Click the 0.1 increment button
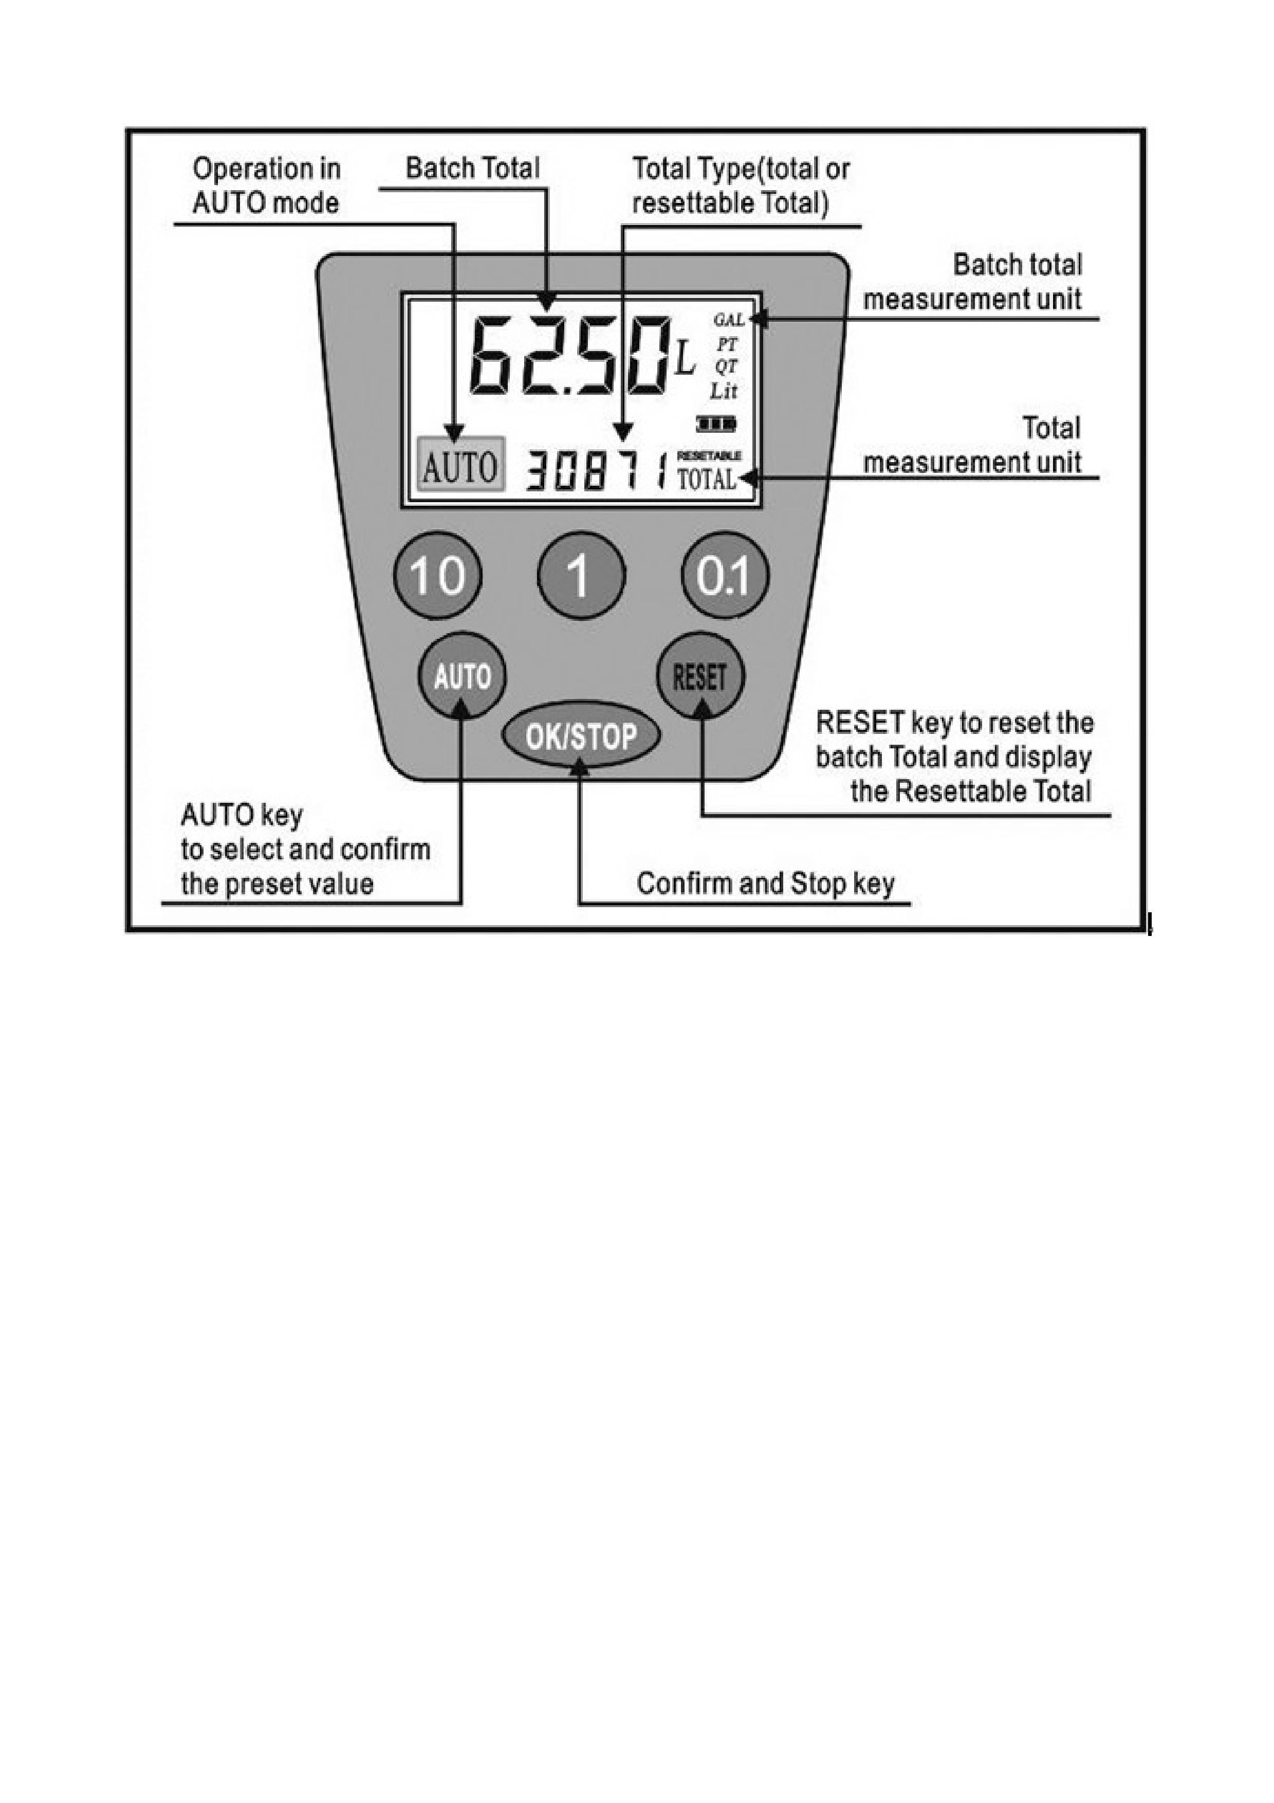coord(725,576)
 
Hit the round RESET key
coord(700,675)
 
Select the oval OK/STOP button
coord(581,737)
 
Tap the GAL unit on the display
coord(728,320)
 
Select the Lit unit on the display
coord(724,390)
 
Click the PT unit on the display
coord(726,343)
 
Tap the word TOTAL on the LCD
coord(707,479)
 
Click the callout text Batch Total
coord(473,168)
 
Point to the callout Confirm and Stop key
coord(765,884)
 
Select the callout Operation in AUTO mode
coord(267,186)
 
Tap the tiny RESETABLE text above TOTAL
coord(709,455)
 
